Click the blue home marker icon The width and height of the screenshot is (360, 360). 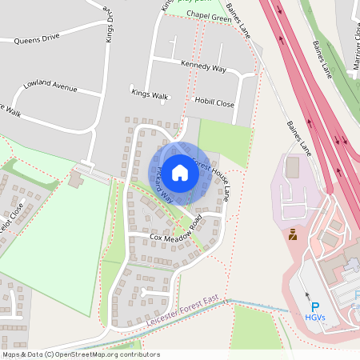click(x=180, y=172)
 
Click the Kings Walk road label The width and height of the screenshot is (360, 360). click(x=150, y=94)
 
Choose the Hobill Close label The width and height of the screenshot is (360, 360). click(x=214, y=102)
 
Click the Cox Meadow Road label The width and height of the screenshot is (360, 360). click(x=177, y=237)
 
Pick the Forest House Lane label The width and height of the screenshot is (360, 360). click(x=214, y=181)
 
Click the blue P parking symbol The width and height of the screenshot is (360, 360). click(x=314, y=306)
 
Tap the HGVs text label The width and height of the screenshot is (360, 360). click(x=314, y=318)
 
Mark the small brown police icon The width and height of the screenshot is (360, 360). click(x=293, y=235)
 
